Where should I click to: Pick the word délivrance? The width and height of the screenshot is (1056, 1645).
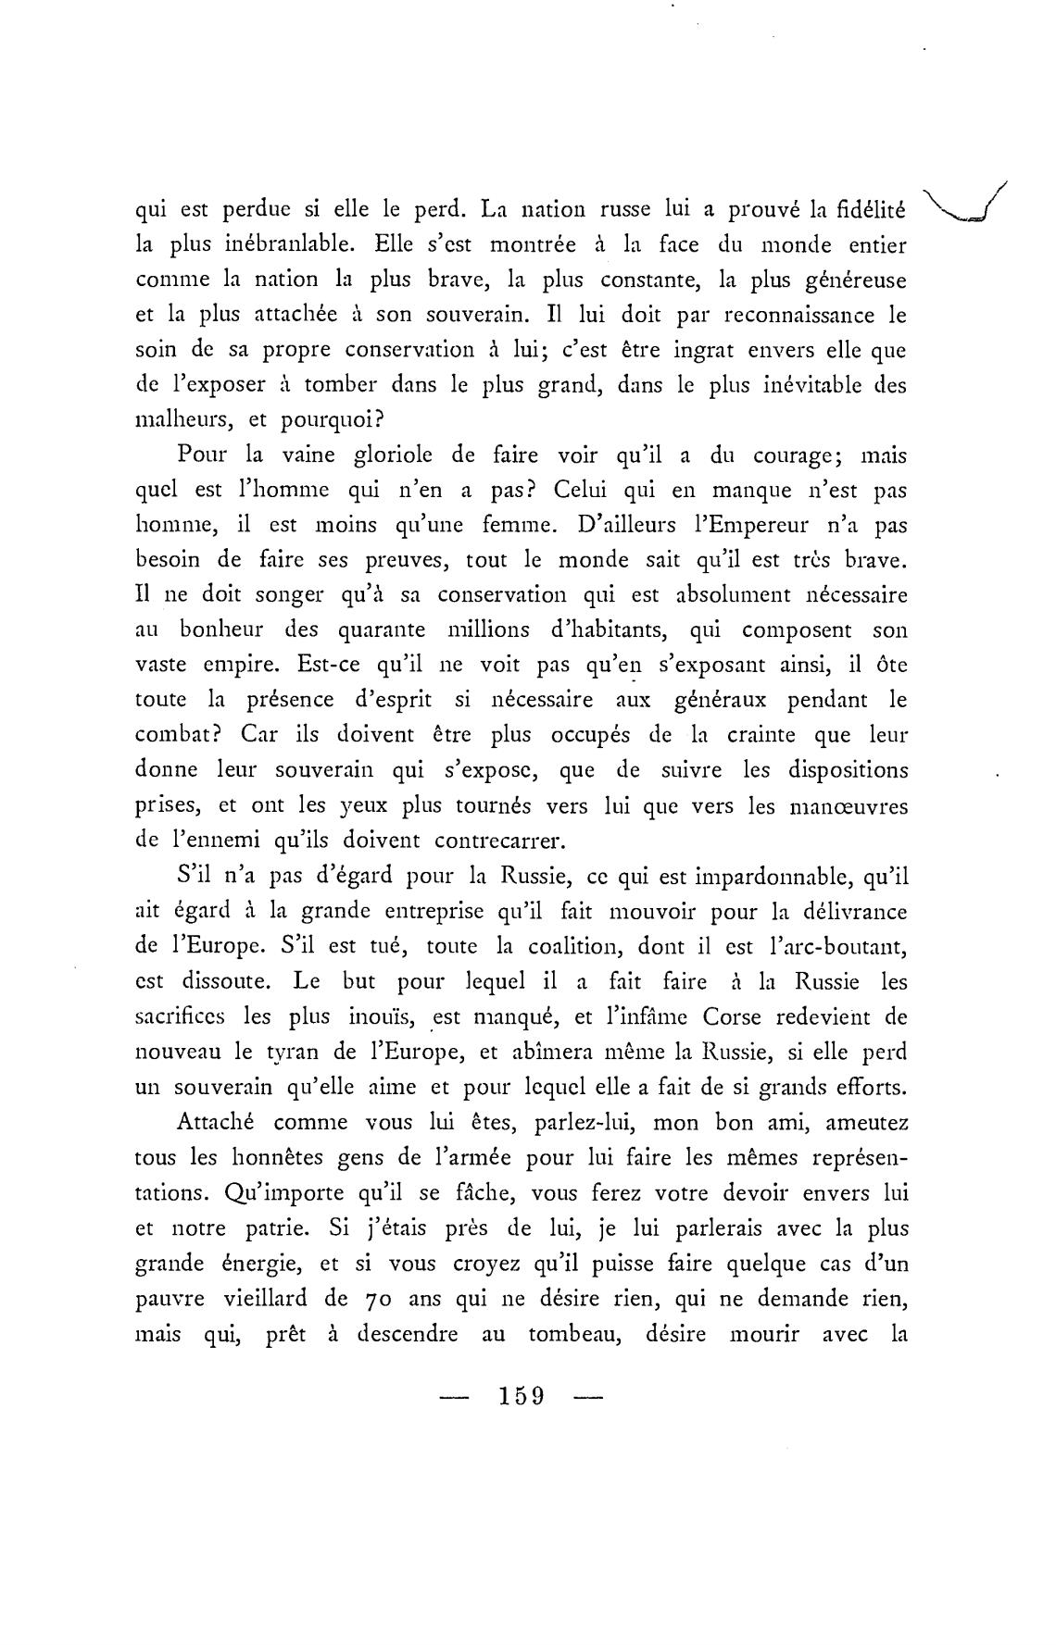851,911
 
